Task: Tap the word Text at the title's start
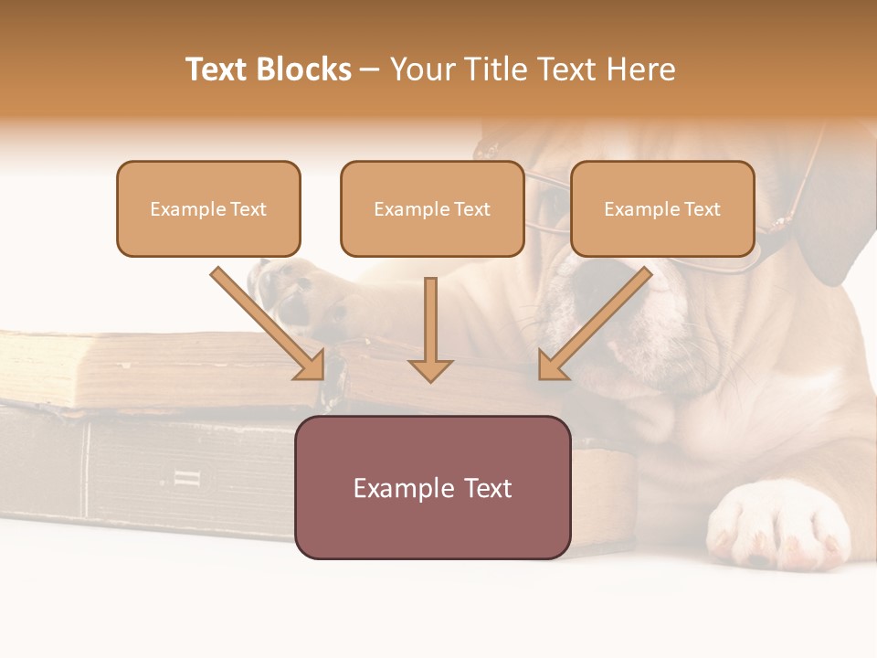tap(220, 69)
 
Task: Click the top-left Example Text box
tap(208, 208)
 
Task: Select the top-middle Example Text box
tap(432, 208)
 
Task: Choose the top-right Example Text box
tap(662, 208)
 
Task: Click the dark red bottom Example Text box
tap(432, 487)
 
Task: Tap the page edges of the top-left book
tap(137, 370)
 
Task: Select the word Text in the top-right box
tap(703, 209)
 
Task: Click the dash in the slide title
tap(370, 69)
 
